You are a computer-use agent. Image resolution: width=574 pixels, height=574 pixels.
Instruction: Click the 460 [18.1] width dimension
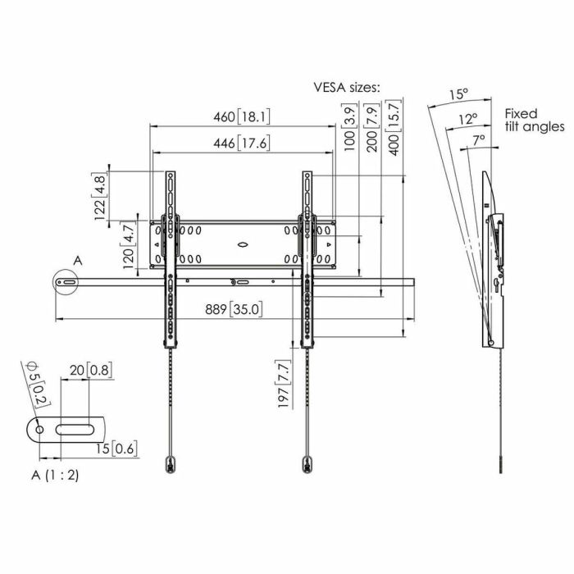[x=242, y=116]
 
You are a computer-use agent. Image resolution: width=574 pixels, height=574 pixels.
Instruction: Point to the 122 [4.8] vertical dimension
[x=102, y=196]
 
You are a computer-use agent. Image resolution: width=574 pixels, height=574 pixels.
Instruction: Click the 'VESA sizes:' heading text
[x=347, y=86]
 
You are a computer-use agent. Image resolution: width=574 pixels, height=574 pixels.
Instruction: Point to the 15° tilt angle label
[x=459, y=93]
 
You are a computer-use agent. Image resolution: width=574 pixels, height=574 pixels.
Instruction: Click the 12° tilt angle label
[x=468, y=118]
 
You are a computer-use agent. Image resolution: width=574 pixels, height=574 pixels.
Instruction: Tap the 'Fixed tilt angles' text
[x=534, y=120]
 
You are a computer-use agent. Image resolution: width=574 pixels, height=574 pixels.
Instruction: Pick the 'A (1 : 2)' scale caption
[x=55, y=473]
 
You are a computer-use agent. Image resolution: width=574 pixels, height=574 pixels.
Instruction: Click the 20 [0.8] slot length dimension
[x=91, y=371]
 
